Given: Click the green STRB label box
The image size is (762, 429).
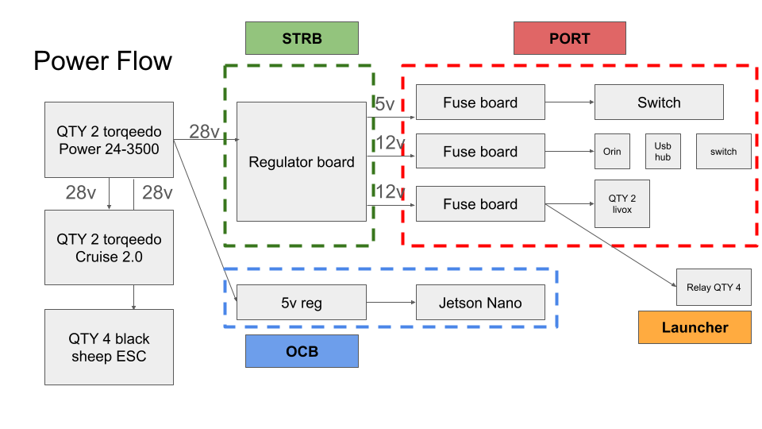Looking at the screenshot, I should tap(302, 38).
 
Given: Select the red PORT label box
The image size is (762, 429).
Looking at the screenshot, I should tap(569, 38).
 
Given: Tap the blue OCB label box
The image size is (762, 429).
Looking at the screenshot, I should tap(302, 351).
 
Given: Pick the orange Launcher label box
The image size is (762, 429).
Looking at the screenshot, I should tap(695, 327).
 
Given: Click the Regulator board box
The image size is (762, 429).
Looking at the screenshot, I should tap(302, 162).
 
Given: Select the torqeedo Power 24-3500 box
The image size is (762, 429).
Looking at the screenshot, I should tap(109, 139).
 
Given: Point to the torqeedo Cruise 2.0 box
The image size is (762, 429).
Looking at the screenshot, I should tap(109, 247).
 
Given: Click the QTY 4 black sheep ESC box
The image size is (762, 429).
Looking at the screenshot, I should tap(109, 347).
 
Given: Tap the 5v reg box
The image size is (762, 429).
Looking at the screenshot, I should tap(302, 303).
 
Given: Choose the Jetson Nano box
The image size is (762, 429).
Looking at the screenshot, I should tap(480, 303).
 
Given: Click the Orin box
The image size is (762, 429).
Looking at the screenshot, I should tap(612, 151).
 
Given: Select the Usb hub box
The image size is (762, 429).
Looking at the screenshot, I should tap(663, 151).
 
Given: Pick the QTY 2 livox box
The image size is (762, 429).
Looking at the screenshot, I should tap(622, 204).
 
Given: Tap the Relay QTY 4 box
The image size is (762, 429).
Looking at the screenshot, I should tap(714, 288).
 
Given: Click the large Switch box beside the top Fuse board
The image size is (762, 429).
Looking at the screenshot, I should tap(659, 102).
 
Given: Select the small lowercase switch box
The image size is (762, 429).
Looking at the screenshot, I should tap(723, 151).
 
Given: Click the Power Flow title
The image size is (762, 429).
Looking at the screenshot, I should tap(102, 61).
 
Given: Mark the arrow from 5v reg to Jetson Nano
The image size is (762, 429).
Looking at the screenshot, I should tap(391, 303).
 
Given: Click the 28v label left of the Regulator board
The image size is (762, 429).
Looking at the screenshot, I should tap(204, 132).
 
